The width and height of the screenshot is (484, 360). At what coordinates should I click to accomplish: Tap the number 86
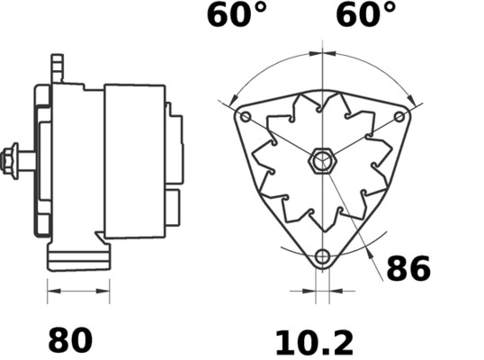pyautogui.click(x=408, y=268)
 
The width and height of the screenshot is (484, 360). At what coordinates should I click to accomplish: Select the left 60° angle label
pyautogui.click(x=238, y=15)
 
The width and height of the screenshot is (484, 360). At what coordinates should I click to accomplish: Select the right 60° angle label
pyautogui.click(x=366, y=15)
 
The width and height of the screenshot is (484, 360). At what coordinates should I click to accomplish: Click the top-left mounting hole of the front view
pyautogui.click(x=246, y=118)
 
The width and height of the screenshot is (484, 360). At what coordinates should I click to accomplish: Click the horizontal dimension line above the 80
pyautogui.click(x=77, y=292)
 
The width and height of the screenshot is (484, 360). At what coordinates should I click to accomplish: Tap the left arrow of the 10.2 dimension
pyautogui.click(x=309, y=292)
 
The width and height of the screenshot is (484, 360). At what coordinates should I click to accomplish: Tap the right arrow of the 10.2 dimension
pyautogui.click(x=335, y=292)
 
